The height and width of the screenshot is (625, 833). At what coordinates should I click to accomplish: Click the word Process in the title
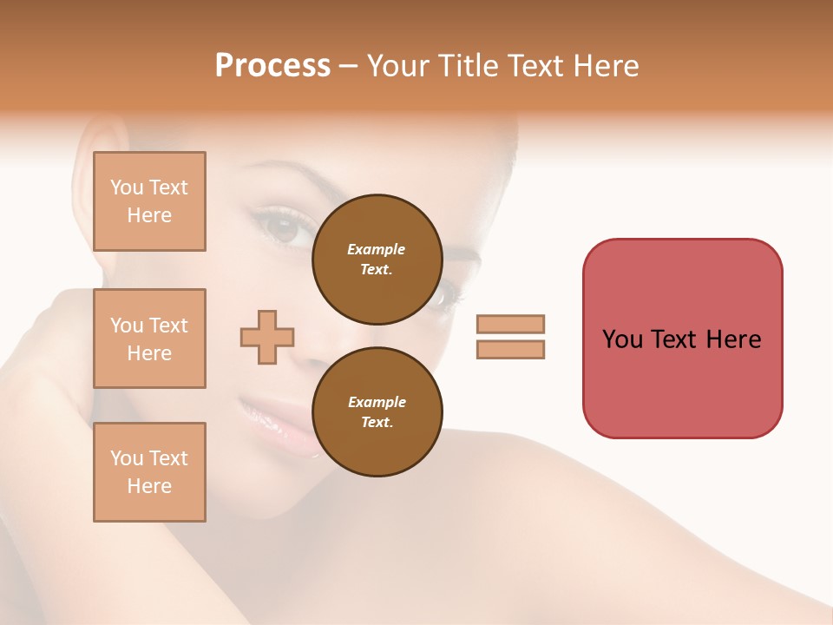(272, 66)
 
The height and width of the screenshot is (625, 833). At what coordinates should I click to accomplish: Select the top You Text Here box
(149, 201)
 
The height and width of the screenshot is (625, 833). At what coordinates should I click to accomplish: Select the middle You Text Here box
(149, 339)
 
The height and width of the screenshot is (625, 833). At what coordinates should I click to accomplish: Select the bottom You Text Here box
(149, 472)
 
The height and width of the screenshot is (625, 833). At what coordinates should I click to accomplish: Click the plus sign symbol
(267, 337)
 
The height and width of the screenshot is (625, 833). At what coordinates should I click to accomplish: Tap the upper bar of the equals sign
(510, 324)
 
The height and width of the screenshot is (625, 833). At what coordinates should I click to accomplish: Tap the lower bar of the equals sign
(510, 349)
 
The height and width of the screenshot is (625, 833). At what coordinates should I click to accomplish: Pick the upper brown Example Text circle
(377, 259)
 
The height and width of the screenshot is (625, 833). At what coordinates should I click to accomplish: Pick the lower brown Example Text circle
(377, 411)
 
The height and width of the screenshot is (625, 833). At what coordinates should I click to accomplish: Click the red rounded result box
(682, 339)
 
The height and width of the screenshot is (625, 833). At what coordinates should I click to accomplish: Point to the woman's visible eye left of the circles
(282, 227)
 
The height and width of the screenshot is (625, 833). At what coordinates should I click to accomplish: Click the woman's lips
(276, 425)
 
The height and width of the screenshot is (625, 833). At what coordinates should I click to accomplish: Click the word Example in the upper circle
(377, 249)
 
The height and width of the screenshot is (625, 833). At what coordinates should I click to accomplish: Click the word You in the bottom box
(127, 458)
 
